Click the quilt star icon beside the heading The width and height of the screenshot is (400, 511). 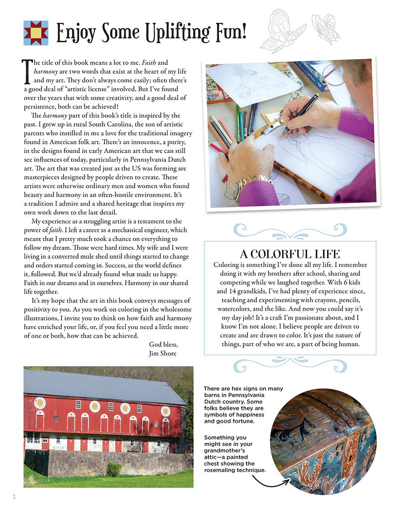[x=36, y=33]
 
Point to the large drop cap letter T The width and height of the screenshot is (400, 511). [x=27, y=72]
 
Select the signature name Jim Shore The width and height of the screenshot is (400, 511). [x=162, y=353]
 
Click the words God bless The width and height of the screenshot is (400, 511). [x=163, y=344]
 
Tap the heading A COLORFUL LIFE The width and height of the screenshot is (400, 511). [x=290, y=254]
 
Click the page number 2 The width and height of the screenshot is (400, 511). [x=14, y=497]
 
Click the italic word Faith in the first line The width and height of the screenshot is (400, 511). [x=149, y=63]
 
